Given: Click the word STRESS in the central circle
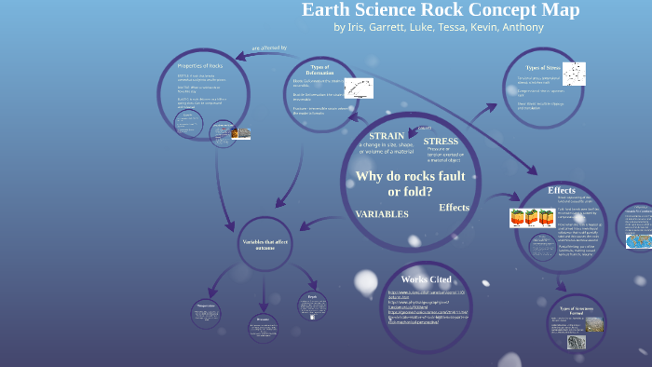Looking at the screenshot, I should point(441,141).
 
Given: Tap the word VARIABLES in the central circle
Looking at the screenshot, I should point(382,213).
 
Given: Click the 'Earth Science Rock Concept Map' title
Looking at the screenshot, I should point(441,10).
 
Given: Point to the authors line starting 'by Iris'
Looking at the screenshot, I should point(438,27).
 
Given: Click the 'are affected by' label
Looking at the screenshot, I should point(269,48).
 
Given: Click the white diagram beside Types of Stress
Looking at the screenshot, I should point(575,72).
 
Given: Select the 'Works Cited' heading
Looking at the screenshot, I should point(427,279).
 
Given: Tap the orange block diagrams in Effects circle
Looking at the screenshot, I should point(531,219).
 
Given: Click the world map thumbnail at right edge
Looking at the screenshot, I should point(638,239).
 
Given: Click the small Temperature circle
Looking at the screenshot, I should point(207,311).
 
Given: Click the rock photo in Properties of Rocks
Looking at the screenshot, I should point(238,135).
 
